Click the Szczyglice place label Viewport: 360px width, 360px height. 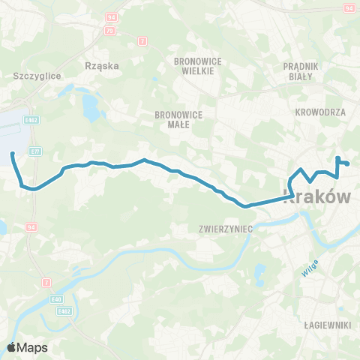[x=37, y=76]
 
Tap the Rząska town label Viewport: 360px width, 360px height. [x=104, y=65]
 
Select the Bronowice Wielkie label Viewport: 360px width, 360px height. [x=194, y=65]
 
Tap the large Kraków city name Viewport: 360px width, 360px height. [x=318, y=198]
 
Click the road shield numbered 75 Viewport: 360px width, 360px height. [x=110, y=31]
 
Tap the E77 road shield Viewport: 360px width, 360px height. [x=36, y=151]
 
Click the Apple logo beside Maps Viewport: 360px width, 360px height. [x=12, y=347]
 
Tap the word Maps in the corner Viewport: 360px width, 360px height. [x=33, y=348]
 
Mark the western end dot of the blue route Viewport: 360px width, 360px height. [x=13, y=154]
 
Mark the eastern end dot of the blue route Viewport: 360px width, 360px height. [x=347, y=164]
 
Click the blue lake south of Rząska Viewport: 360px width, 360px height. [x=91, y=110]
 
